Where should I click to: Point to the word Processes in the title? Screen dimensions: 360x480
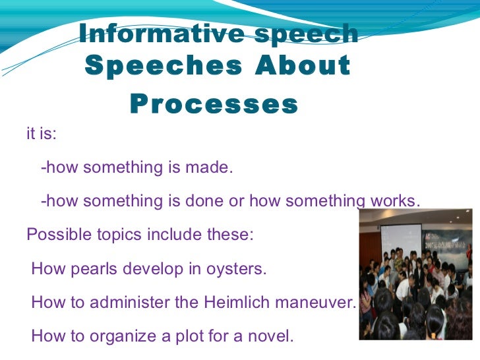coord(214,104)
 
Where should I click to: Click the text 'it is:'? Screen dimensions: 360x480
coord(42,135)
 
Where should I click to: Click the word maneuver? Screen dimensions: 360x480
coord(324,303)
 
